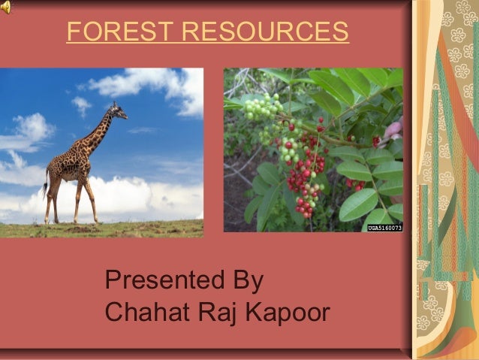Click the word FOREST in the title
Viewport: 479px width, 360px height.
(120, 32)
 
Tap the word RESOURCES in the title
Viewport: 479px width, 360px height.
(266, 32)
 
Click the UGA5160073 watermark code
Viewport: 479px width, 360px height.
(384, 226)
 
